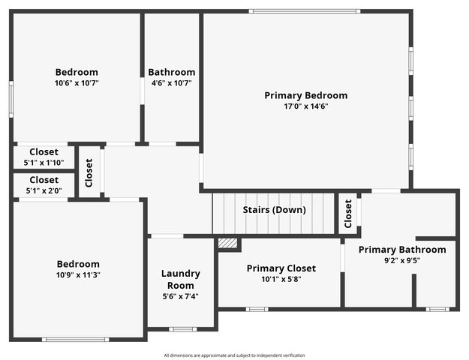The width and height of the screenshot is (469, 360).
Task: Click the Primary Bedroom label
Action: coord(305,95)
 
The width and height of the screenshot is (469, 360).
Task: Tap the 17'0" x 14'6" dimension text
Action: coord(305,106)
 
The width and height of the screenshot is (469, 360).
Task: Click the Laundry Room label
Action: coord(180,279)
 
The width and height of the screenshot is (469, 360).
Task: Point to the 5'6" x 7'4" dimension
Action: coord(180,297)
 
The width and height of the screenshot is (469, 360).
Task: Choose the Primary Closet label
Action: coord(281,268)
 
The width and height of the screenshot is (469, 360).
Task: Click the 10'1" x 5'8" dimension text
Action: coord(281,279)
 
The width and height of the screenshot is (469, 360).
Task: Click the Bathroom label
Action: coord(171,72)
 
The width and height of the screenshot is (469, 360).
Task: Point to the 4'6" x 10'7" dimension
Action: coord(171,83)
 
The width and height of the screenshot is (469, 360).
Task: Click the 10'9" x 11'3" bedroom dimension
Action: coord(78,275)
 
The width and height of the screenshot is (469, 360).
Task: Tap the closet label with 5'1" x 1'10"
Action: coord(44,151)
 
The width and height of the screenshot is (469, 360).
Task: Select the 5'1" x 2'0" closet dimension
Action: coord(44,190)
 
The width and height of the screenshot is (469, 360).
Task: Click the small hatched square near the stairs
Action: coord(227,243)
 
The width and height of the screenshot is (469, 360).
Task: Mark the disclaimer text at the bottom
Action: coord(234,355)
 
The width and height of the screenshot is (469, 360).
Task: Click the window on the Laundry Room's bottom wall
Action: coord(182,329)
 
